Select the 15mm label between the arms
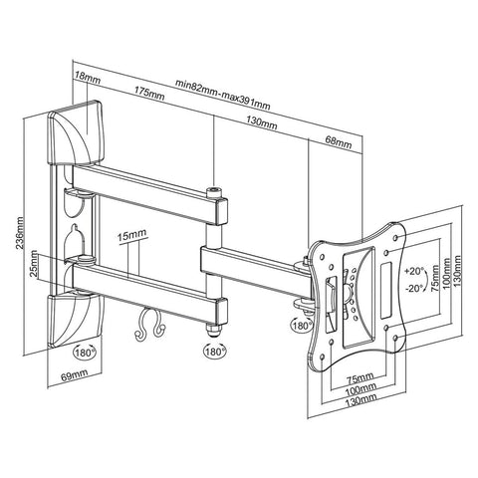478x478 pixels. click(130, 237)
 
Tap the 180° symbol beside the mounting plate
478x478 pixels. click(301, 324)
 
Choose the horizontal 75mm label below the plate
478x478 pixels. click(358, 377)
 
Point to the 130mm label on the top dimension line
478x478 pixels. click(263, 121)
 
